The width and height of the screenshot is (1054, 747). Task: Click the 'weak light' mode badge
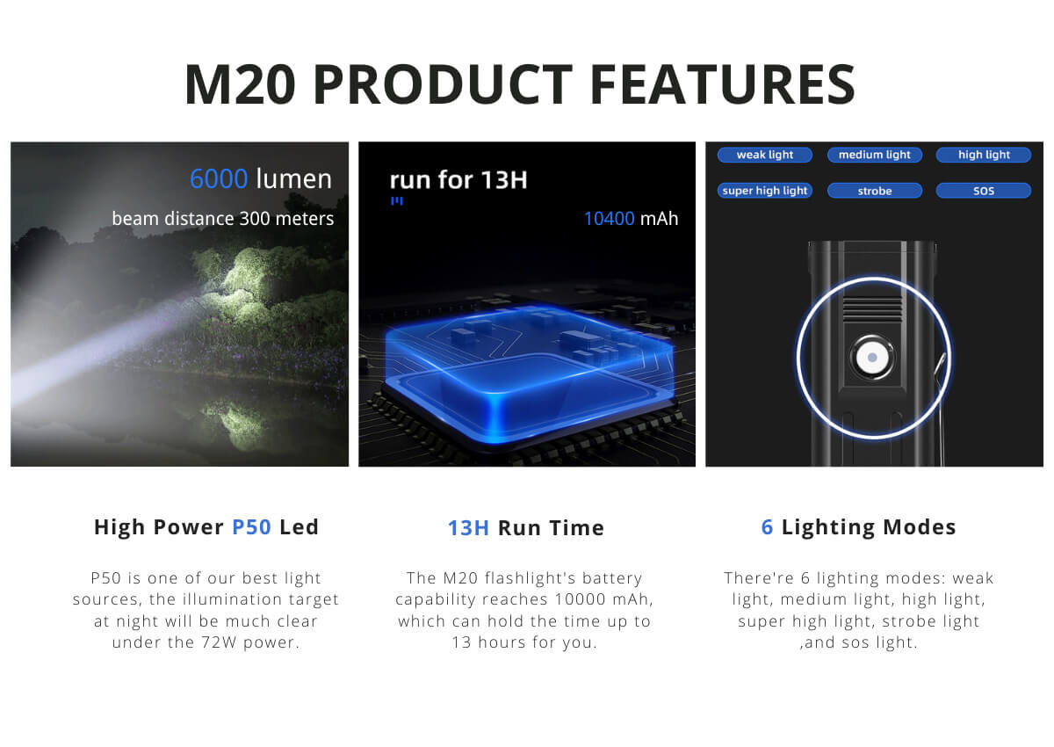765,155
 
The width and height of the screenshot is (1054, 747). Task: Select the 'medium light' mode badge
874,155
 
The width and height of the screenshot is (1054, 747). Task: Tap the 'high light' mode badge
984,155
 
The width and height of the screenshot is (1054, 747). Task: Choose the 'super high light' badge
765,191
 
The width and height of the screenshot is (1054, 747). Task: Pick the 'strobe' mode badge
874,191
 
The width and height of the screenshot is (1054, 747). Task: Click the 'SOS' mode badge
984,191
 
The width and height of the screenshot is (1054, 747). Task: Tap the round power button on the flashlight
872,358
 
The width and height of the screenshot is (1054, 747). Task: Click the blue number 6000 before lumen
219,179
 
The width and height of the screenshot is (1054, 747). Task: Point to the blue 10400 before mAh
610,219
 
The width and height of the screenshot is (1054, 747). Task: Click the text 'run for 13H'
458,180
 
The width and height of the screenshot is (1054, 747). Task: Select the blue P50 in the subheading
252,527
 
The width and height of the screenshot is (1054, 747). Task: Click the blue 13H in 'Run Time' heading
468,528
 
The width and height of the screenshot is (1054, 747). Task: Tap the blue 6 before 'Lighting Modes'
767,527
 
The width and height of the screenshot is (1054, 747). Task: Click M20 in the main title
240,84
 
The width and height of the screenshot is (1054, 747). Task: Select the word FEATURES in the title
722,84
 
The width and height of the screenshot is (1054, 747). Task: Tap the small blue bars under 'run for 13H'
397,201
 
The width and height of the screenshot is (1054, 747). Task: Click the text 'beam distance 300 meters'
223,219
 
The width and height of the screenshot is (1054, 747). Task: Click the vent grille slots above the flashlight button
872,308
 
